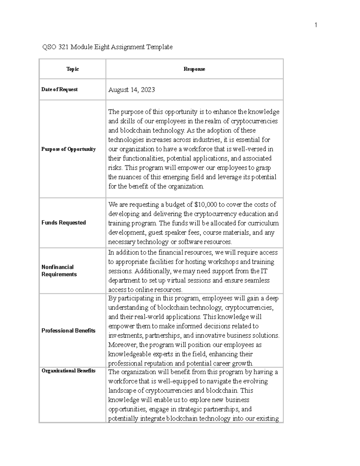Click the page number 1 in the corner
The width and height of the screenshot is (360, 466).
316,25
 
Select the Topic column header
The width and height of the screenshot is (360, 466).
73,69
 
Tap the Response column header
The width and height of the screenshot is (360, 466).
194,69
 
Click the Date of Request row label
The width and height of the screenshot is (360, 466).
59,89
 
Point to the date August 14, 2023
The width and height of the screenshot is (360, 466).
131,90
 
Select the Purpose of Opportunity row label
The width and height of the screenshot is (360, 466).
68,149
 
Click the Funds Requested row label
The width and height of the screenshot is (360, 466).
64,223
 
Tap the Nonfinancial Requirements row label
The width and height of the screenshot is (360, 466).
59,271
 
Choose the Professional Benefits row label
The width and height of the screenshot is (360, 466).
68,331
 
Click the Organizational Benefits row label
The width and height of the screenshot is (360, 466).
68,371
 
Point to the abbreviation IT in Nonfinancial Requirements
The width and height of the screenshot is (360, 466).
264,271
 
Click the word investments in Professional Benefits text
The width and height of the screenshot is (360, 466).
121,335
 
